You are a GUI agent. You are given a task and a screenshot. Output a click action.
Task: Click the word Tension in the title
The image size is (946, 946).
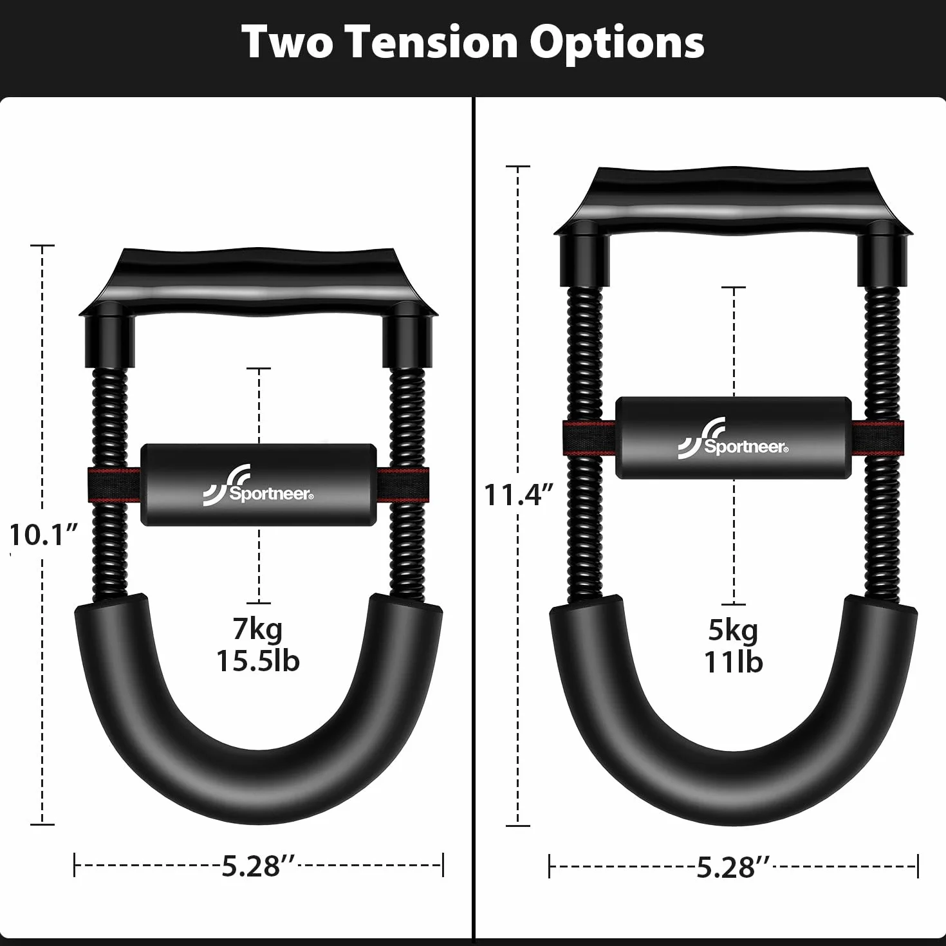(x=434, y=42)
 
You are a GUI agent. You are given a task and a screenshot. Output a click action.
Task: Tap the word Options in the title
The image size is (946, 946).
(x=617, y=43)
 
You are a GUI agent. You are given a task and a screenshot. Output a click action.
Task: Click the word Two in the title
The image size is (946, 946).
(x=288, y=42)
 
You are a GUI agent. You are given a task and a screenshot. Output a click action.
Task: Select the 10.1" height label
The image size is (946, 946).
(x=44, y=535)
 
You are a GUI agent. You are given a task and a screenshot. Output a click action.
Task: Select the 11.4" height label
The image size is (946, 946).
(x=519, y=494)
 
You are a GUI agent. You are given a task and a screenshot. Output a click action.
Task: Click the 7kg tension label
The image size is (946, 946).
(x=257, y=629)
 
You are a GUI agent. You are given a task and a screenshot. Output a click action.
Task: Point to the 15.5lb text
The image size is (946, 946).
(x=257, y=660)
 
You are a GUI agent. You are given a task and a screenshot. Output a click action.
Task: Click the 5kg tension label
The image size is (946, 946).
(x=733, y=630)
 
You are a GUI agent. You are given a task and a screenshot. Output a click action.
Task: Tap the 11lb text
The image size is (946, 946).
(x=733, y=662)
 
